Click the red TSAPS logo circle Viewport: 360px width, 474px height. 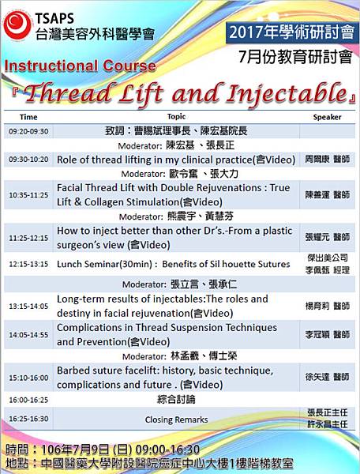[x=17, y=24]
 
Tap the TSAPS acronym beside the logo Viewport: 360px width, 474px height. [x=54, y=19]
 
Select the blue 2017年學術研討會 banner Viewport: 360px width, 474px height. [x=292, y=32]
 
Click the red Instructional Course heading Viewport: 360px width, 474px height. [x=80, y=66]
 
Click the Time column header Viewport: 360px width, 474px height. [x=28, y=117]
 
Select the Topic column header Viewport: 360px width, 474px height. [x=176, y=117]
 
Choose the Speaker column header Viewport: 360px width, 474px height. [x=327, y=117]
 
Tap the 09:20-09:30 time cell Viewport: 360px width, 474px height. [x=28, y=131]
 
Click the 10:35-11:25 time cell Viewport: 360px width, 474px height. [x=28, y=195]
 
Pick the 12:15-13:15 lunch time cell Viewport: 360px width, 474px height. [x=28, y=264]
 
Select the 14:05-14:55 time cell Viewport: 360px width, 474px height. [x=28, y=335]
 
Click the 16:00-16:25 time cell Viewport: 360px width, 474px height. [x=28, y=400]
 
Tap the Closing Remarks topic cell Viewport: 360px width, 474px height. [x=176, y=419]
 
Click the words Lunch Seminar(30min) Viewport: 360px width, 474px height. [x=104, y=264]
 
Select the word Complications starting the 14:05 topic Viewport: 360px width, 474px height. [x=95, y=328]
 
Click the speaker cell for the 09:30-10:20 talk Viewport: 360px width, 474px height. [x=327, y=160]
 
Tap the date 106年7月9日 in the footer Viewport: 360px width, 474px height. [x=75, y=450]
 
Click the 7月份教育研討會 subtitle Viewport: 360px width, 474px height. [x=295, y=57]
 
